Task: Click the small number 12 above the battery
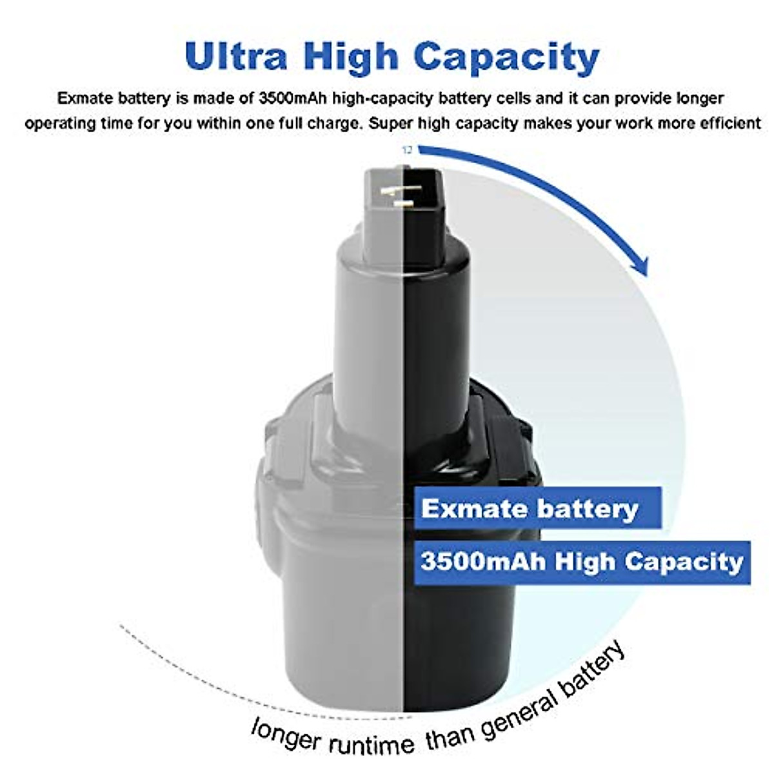point(407,150)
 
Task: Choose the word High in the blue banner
point(584,561)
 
